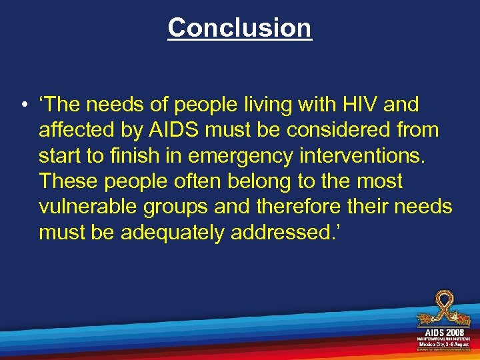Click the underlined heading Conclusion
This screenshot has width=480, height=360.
(x=239, y=28)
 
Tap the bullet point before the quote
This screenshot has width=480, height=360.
(x=23, y=105)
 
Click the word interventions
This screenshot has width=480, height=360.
(x=373, y=155)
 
